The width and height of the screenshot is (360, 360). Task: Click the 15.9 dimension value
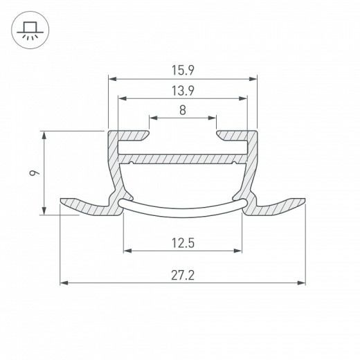(183, 70)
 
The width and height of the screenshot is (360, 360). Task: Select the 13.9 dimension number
(183, 90)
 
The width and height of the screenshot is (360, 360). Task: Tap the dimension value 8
(183, 109)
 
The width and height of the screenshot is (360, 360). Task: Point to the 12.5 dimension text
(183, 242)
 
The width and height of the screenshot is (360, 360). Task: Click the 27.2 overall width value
(183, 275)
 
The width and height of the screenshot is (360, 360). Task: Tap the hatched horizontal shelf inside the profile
(183, 159)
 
